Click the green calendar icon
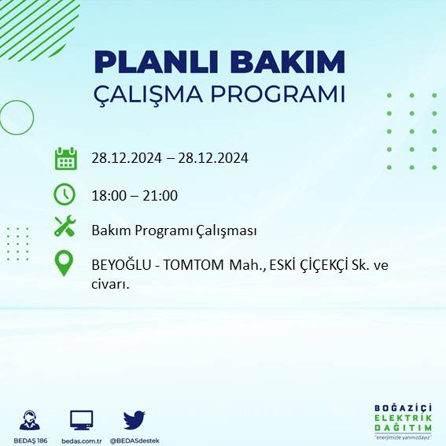[65, 158]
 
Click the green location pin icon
[64, 263]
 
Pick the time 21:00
[160, 196]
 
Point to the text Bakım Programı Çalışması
[174, 230]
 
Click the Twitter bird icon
[134, 419]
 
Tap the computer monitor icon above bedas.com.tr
[82, 420]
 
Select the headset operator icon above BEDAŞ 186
[31, 420]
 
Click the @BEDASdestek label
[135, 440]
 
